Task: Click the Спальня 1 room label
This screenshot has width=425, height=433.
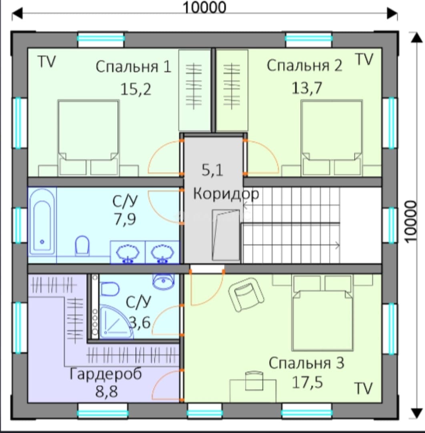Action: click(x=133, y=67)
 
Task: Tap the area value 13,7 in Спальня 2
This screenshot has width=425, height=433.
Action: click(x=307, y=88)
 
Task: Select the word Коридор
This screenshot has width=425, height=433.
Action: click(x=226, y=194)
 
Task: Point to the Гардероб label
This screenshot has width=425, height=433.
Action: click(x=106, y=374)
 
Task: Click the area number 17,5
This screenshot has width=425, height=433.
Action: click(x=307, y=382)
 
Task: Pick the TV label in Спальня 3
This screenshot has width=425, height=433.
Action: click(x=363, y=388)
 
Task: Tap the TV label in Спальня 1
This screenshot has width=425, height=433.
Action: click(x=46, y=61)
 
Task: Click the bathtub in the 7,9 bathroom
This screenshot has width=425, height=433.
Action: click(x=42, y=222)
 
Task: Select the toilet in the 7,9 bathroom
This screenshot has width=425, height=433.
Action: click(x=82, y=245)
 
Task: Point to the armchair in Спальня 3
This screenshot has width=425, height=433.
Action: click(x=246, y=294)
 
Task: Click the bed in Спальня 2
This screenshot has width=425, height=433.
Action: click(x=331, y=138)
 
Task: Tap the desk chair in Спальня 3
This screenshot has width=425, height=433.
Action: click(x=254, y=380)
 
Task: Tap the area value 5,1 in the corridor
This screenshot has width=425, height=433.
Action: click(x=212, y=170)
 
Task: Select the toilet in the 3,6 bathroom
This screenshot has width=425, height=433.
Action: click(x=110, y=289)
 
